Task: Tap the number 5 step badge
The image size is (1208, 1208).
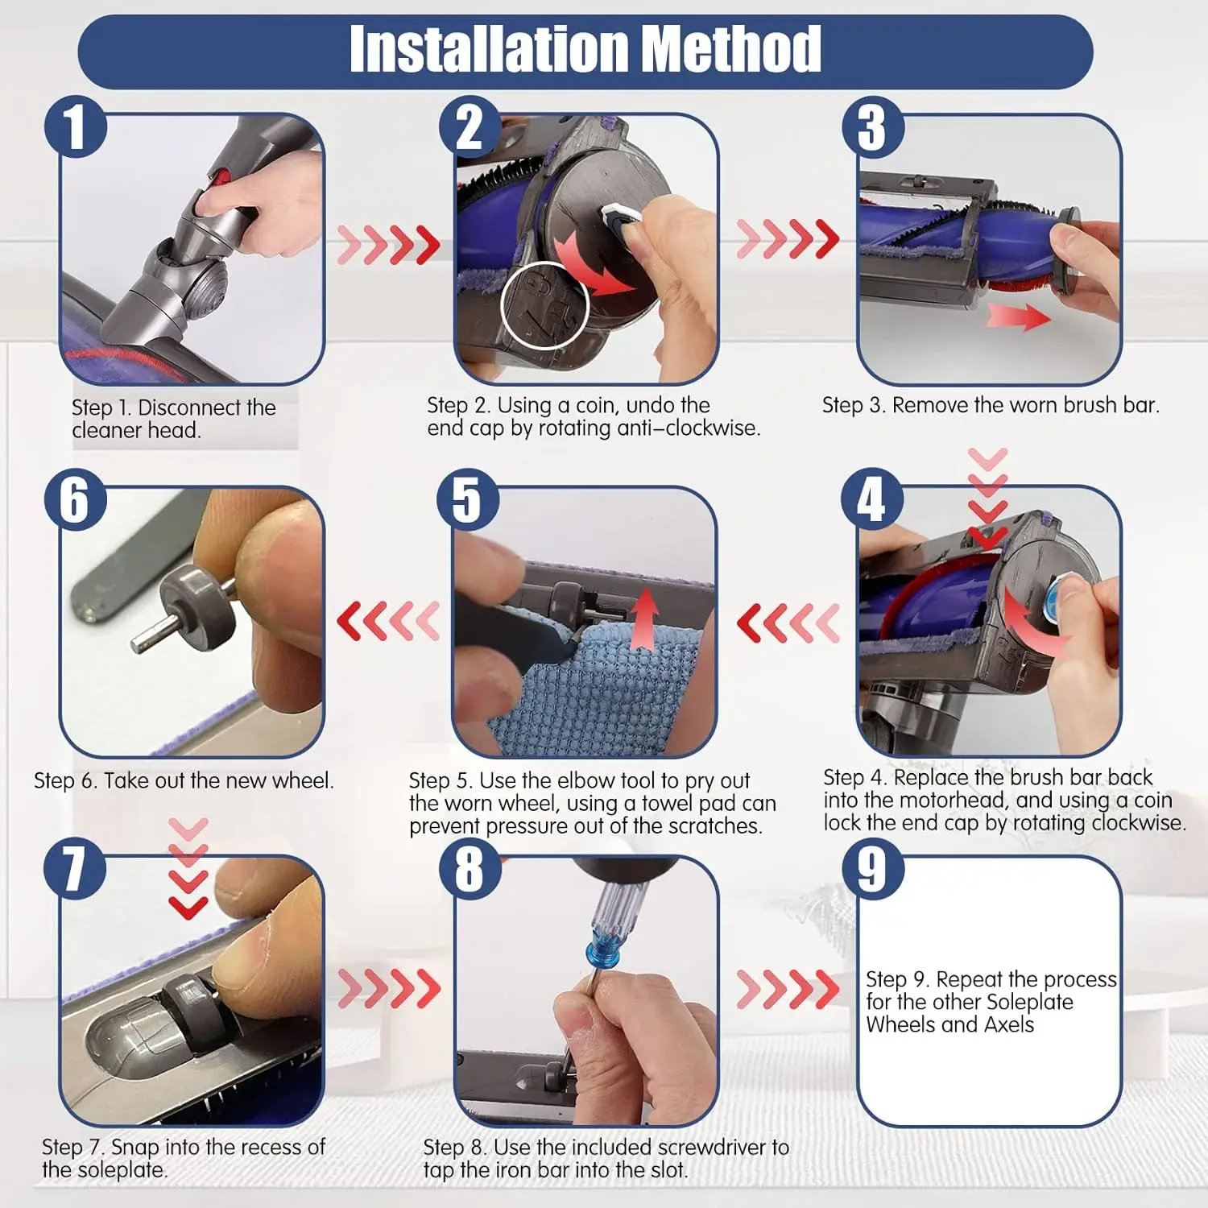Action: (468, 499)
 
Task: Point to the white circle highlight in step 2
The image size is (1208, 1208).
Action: (545, 305)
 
